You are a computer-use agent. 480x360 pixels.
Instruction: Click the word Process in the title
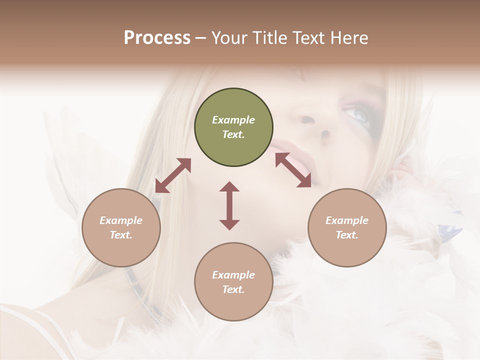pyautogui.click(x=157, y=38)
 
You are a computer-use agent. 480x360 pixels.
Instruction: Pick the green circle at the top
pyautogui.click(x=233, y=127)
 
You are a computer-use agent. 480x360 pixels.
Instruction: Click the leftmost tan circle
pyautogui.click(x=121, y=227)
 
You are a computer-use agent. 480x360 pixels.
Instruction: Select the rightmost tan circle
pyautogui.click(x=347, y=227)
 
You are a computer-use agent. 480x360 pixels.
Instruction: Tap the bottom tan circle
pyautogui.click(x=233, y=282)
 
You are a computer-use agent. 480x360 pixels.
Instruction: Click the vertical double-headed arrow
pyautogui.click(x=229, y=205)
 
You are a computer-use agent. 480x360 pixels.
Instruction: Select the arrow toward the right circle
pyautogui.click(x=293, y=170)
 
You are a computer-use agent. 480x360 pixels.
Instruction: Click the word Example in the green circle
pyautogui.click(x=233, y=120)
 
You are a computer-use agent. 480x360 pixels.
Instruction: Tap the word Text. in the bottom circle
pyautogui.click(x=233, y=289)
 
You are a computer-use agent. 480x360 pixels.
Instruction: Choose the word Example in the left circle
pyautogui.click(x=121, y=220)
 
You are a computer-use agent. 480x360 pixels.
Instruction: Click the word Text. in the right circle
pyautogui.click(x=347, y=235)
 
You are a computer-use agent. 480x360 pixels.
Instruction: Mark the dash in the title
pyautogui.click(x=201, y=38)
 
